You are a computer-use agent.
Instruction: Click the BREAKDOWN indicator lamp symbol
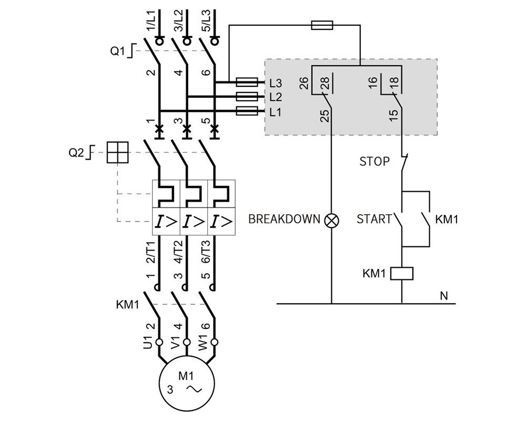tap(332, 220)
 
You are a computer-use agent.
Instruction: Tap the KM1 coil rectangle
tap(402, 274)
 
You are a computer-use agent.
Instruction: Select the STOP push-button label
tap(375, 162)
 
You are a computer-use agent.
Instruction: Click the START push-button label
tap(374, 219)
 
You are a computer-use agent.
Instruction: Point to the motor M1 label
tap(186, 376)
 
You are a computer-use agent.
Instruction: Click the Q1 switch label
tap(117, 51)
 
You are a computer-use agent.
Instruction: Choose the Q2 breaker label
tap(76, 153)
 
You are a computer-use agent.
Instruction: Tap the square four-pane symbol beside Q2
tap(117, 153)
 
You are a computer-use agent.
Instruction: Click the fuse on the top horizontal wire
tap(322, 25)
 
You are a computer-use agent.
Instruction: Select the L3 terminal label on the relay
tap(276, 83)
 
